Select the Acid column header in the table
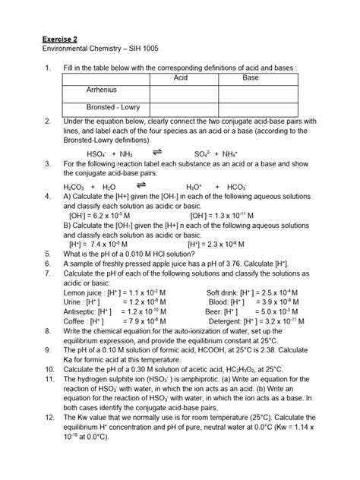[180, 78]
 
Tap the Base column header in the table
[250, 78]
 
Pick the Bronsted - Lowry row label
[106, 108]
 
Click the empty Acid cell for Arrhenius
[180, 91]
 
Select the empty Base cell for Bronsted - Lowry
[250, 108]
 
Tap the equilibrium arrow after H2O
[141, 184]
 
